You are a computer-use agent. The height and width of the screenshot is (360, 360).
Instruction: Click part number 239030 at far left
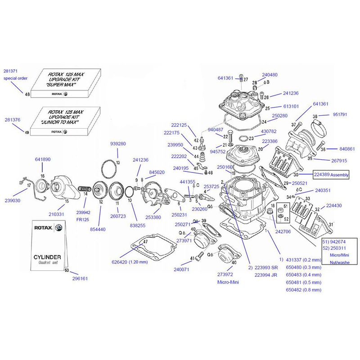point(13,200)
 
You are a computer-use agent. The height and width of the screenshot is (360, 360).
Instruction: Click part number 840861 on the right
point(336,148)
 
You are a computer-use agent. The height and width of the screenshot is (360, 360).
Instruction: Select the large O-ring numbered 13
point(108,168)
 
